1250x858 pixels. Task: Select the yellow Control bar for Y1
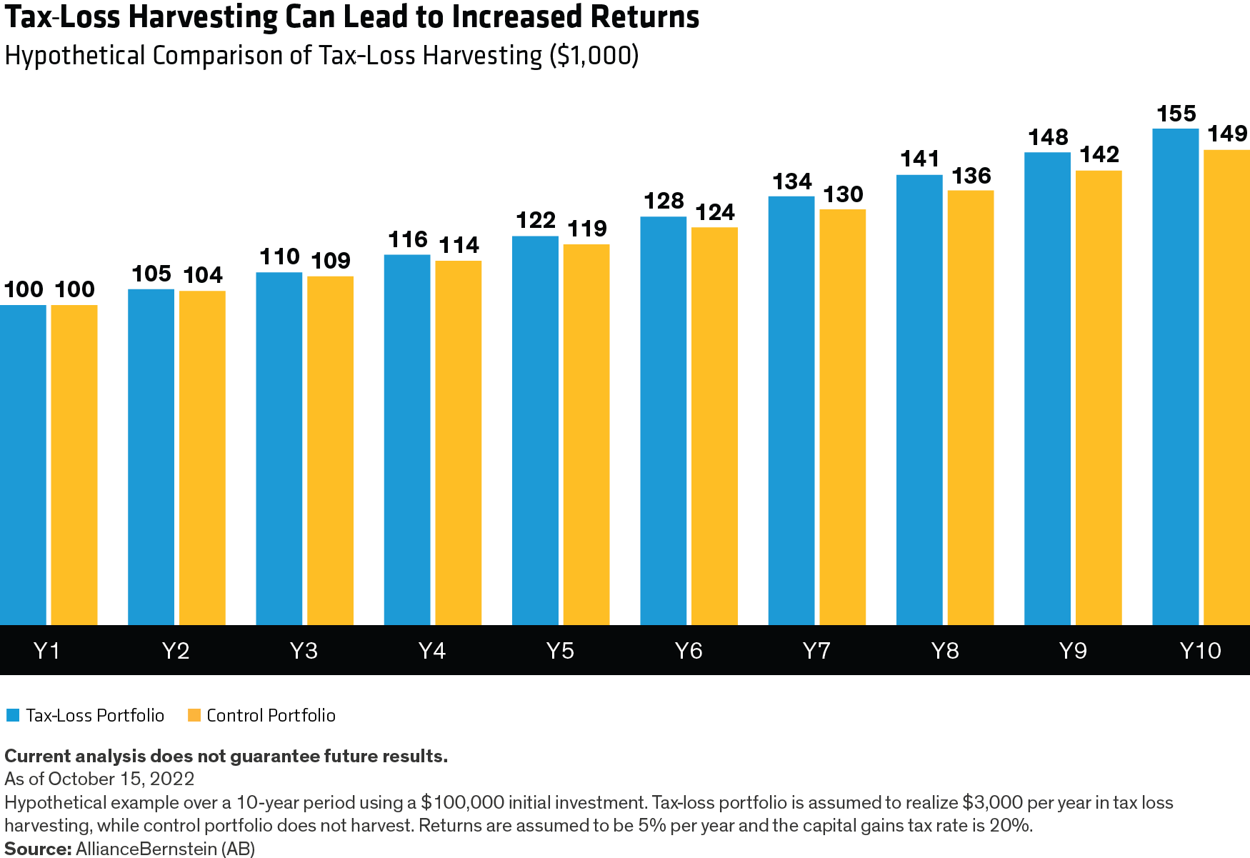pyautogui.click(x=74, y=464)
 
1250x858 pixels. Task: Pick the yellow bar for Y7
pyautogui.click(x=843, y=417)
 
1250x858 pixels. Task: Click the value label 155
pyautogui.click(x=1176, y=114)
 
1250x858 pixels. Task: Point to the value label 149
pyautogui.click(x=1227, y=134)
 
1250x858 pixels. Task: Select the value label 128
pyautogui.click(x=664, y=201)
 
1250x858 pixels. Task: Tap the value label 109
pyautogui.click(x=331, y=261)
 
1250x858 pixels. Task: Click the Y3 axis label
pyautogui.click(x=304, y=651)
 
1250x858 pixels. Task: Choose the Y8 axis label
pyautogui.click(x=945, y=651)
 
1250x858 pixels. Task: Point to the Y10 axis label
pyautogui.click(x=1200, y=651)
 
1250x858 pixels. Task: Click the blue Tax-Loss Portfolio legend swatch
pyautogui.click(x=12, y=715)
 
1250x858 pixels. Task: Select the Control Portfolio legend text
pyautogui.click(x=271, y=715)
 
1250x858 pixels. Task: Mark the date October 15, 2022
pyautogui.click(x=121, y=779)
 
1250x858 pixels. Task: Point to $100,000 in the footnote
pyautogui.click(x=462, y=802)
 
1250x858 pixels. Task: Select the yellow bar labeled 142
pyautogui.click(x=1099, y=397)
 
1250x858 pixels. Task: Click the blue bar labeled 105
pyautogui.click(x=151, y=457)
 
